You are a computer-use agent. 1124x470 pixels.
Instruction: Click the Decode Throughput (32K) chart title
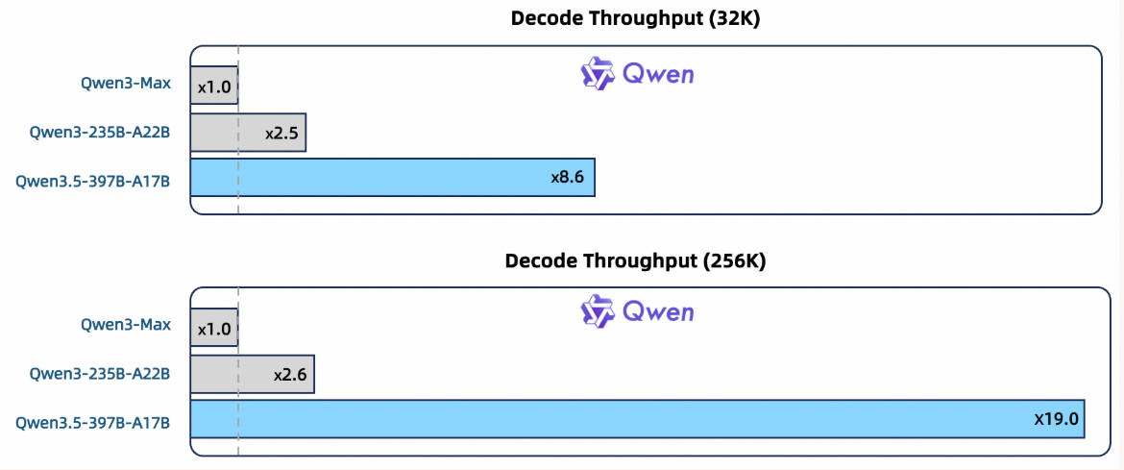click(x=635, y=18)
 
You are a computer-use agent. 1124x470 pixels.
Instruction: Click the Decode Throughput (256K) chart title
click(x=635, y=261)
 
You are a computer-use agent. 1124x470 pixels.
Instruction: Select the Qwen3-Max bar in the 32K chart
click(x=214, y=87)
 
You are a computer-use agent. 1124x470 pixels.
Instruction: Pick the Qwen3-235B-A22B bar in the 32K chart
click(x=248, y=132)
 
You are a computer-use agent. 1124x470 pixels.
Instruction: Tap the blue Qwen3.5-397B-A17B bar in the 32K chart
click(x=393, y=177)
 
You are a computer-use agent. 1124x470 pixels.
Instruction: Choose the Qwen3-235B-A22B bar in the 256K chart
click(x=253, y=373)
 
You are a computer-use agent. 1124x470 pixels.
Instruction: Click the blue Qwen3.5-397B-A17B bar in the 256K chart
click(x=637, y=419)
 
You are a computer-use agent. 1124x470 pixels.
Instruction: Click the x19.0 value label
click(x=1056, y=419)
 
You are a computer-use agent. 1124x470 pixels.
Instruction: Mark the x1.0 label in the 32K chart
click(x=214, y=87)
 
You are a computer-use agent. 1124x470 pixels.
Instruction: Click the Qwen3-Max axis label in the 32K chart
click(x=126, y=84)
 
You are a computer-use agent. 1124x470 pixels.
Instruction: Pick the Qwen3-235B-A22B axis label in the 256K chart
click(x=100, y=373)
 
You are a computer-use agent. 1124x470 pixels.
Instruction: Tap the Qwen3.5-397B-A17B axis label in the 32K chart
click(x=93, y=181)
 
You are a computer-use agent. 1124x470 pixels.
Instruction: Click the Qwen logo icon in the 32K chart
click(x=598, y=73)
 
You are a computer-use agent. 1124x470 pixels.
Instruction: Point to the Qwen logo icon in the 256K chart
click(x=598, y=310)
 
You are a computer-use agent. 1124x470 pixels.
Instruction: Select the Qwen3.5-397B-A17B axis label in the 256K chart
click(x=93, y=422)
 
